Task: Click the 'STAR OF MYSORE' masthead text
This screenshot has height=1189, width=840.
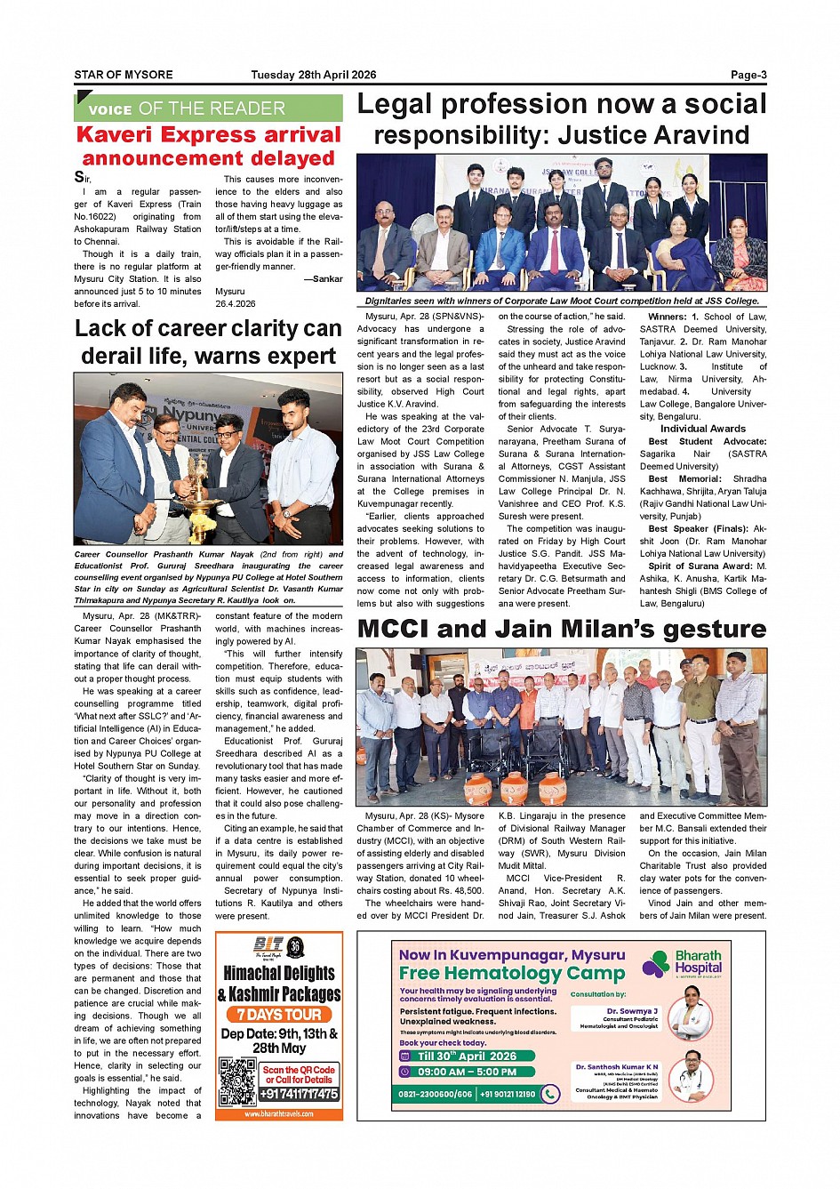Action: pos(124,75)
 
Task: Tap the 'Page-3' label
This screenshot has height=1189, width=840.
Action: pos(748,75)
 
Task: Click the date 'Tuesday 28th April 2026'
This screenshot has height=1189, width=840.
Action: pos(313,75)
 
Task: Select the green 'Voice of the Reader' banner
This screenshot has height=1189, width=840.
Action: pos(208,108)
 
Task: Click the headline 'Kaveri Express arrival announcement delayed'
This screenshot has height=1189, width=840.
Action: pos(208,146)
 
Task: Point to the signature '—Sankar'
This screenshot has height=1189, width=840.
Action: pos(323,278)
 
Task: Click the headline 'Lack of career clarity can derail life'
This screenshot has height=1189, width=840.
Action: pos(208,342)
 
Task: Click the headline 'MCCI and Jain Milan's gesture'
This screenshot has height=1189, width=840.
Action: pos(561,629)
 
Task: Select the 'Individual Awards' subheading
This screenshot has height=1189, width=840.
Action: pos(702,429)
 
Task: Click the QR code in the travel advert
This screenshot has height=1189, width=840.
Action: pos(237,1081)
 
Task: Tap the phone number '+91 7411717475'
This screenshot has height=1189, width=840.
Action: pos(300,1094)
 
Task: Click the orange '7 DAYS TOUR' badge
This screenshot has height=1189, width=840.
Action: pos(279,1015)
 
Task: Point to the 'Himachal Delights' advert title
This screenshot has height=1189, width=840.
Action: pos(279,973)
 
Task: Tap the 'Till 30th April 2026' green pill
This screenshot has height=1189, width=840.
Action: pos(467,1056)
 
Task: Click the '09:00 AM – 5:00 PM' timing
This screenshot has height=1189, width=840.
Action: pos(467,1072)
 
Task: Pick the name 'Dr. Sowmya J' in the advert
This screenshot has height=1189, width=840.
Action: pos(632,1011)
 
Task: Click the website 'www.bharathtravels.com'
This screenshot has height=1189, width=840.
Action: pos(279,1113)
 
